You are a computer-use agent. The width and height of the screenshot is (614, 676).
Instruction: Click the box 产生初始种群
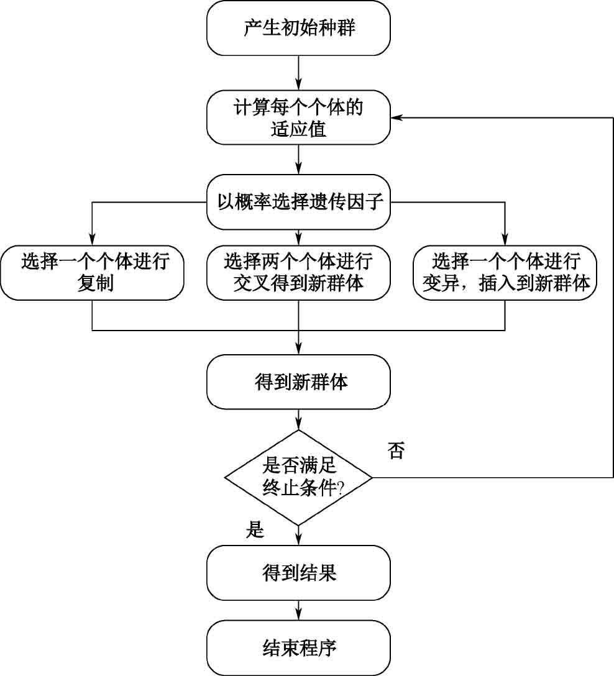(x=298, y=29)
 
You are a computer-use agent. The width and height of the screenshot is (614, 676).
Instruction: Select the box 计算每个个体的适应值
(x=298, y=117)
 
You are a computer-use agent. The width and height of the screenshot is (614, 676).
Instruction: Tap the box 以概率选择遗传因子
(x=298, y=202)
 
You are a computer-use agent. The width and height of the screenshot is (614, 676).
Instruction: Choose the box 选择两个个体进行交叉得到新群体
(x=298, y=273)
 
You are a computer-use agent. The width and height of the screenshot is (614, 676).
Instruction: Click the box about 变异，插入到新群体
(x=505, y=273)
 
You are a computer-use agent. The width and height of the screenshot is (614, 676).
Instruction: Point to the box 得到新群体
(x=298, y=381)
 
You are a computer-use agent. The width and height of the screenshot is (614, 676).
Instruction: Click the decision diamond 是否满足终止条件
(x=298, y=477)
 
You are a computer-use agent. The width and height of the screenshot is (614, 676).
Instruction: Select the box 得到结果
(x=298, y=572)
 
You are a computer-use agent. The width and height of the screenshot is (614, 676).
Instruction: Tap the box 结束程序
(x=298, y=648)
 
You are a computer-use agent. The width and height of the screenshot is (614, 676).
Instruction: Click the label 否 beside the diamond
(x=396, y=450)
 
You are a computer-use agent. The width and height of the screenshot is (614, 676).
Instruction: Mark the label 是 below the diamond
(x=255, y=531)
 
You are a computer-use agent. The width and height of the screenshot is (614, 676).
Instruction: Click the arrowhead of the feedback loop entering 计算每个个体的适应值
(x=396, y=117)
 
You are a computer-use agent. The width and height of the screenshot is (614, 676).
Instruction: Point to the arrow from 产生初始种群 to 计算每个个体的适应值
(x=299, y=73)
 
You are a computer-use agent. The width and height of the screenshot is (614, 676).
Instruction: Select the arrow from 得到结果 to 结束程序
(x=299, y=610)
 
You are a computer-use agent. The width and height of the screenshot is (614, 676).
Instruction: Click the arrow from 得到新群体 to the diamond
(x=299, y=419)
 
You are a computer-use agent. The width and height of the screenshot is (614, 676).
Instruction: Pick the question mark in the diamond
(x=341, y=488)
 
